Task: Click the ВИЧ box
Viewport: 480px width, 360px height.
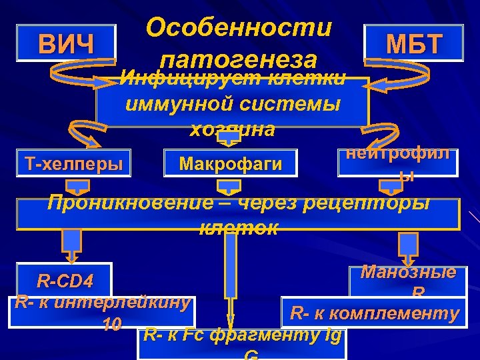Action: [66, 44]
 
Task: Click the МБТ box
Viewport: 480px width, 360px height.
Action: [414, 44]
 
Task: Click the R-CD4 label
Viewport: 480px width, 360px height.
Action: [65, 279]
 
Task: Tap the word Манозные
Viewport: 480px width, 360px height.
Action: [409, 272]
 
